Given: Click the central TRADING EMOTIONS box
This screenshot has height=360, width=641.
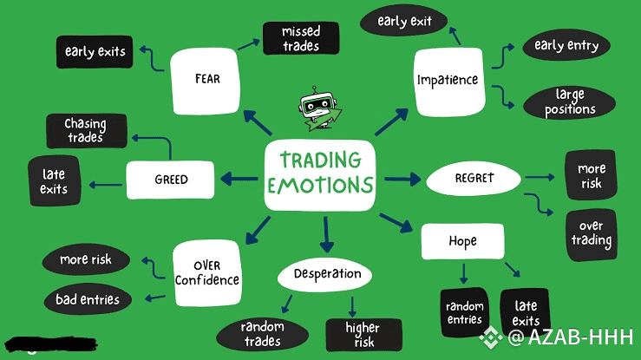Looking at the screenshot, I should pyautogui.click(x=320, y=173).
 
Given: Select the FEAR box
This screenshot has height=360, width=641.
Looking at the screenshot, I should pyautogui.click(x=207, y=79).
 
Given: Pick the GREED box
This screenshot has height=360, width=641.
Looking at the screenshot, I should pyautogui.click(x=171, y=180).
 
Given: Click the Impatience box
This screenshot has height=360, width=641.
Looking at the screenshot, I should pyautogui.click(x=448, y=80).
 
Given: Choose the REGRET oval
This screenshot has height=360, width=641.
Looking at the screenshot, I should pyautogui.click(x=474, y=178).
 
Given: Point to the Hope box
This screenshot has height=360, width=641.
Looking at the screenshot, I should pyautogui.click(x=462, y=240).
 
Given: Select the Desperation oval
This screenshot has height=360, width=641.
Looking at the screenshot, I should pyautogui.click(x=325, y=274).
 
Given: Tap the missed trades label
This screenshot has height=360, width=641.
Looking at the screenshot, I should pyautogui.click(x=300, y=39).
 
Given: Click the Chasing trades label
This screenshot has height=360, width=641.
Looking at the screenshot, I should pyautogui.click(x=84, y=130).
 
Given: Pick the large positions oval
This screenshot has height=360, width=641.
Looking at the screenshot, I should pyautogui.click(x=570, y=101).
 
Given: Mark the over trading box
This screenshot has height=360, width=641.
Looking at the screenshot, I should pyautogui.click(x=592, y=233).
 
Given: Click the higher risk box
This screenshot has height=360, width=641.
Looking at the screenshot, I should pyautogui.click(x=363, y=334).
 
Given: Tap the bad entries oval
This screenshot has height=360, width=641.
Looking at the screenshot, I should pyautogui.click(x=88, y=300).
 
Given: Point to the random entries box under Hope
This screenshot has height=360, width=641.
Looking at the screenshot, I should pyautogui.click(x=464, y=312).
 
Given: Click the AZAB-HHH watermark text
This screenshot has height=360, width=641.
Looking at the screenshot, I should pyautogui.click(x=580, y=337).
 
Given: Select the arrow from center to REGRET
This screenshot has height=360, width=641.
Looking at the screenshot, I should pyautogui.click(x=402, y=179).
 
